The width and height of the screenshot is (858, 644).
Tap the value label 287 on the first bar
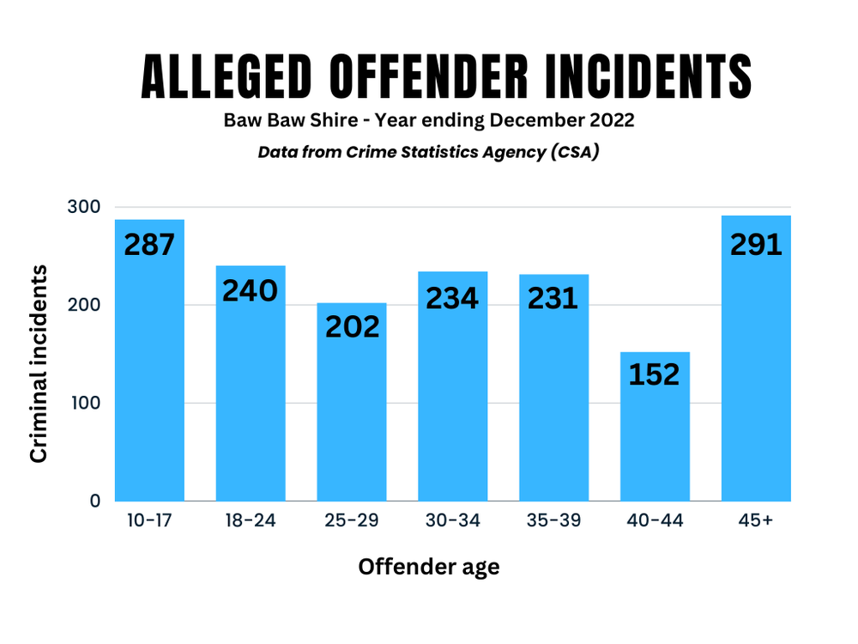pos(149,245)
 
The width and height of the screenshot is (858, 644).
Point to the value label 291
pos(756,245)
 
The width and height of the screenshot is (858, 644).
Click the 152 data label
pos(655,374)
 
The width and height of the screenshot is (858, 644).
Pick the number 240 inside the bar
pos(251,291)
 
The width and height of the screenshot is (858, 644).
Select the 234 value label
pos(452,298)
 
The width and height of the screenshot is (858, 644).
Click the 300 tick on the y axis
pos(83,207)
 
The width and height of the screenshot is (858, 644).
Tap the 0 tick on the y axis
pos(95,501)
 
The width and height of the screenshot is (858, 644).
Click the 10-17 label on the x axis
pos(149,521)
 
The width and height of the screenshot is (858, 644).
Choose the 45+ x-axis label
pos(756,521)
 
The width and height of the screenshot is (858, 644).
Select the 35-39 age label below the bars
pos(553,521)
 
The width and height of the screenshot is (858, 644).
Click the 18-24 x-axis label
pos(251,521)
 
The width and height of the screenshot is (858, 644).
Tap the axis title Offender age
pos(429,567)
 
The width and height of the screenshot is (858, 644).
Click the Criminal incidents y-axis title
pos(39,363)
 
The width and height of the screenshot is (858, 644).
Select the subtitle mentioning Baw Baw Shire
pos(429,120)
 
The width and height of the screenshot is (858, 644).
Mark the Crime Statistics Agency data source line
pos(429,152)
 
